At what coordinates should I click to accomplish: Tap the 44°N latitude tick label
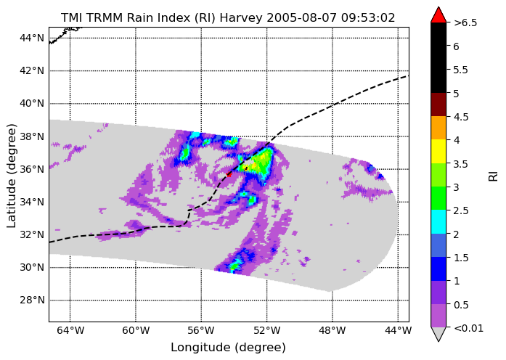[32, 38]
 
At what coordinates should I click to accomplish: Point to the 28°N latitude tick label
[32, 300]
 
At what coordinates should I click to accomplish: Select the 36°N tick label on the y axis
[32, 169]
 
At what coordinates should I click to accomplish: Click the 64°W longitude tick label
[70, 330]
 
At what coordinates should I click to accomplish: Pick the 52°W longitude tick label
[267, 330]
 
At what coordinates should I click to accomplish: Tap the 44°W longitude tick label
[398, 330]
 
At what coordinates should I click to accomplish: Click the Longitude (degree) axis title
[229, 348]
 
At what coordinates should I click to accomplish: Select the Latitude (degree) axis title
[11, 176]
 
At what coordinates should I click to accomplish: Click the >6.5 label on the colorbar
[465, 23]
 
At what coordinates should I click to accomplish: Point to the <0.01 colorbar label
[468, 328]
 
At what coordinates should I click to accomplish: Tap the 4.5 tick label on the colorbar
[461, 117]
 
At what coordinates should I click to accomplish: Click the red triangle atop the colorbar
[438, 15]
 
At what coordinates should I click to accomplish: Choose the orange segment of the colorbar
[438, 128]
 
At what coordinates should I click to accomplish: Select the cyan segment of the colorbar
[438, 221]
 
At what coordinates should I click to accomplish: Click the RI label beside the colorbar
[493, 176]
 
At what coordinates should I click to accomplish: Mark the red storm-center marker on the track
[229, 174]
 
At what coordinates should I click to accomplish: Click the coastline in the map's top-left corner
[65, 35]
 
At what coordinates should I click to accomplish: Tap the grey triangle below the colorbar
[438, 334]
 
